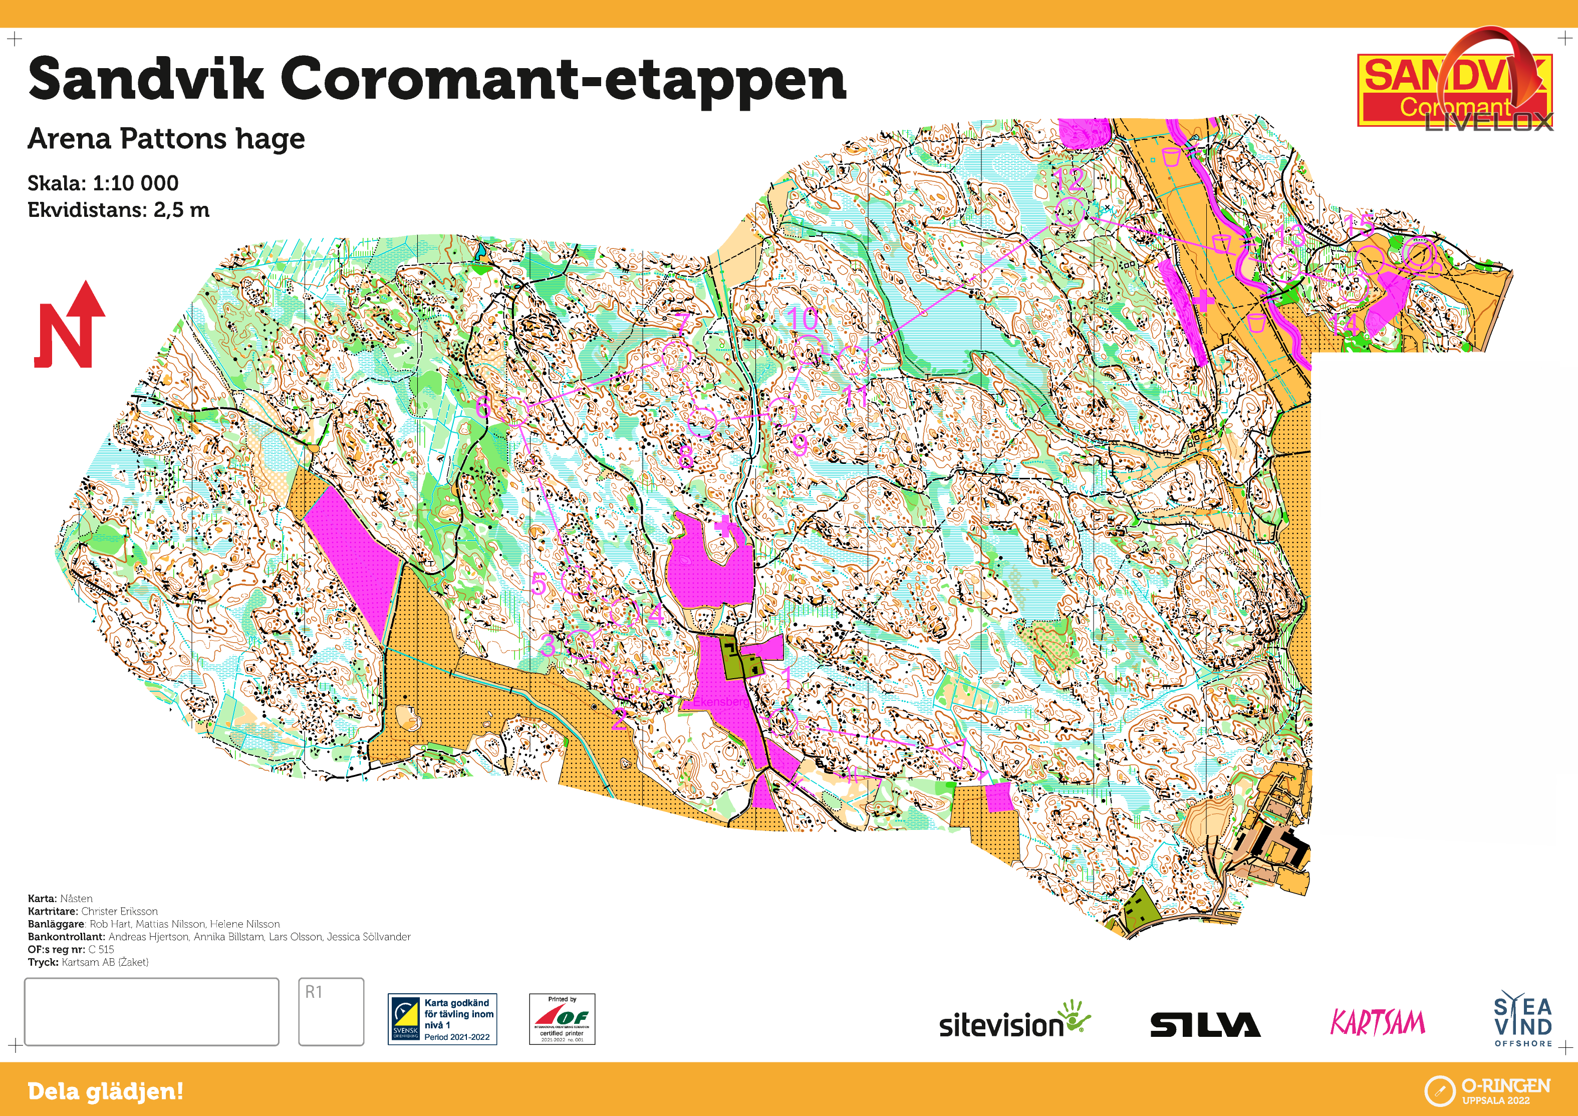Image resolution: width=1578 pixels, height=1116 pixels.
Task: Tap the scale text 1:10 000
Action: coord(135,183)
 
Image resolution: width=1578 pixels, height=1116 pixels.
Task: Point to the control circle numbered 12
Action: coord(1070,212)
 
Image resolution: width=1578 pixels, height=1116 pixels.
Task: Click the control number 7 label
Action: coord(682,323)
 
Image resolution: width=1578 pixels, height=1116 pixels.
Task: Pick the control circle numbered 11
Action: coord(853,360)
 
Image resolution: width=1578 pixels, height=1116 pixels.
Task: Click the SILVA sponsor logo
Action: coord(1205,1025)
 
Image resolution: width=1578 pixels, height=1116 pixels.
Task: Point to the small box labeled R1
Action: coord(331,1011)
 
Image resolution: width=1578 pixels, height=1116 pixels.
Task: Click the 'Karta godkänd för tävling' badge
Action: coord(442,1019)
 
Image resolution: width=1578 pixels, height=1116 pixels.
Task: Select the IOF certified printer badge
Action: coord(562,1019)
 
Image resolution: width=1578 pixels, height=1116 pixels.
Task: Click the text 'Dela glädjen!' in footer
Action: coord(105,1091)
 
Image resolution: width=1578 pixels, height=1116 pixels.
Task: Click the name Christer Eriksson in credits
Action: coord(120,911)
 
